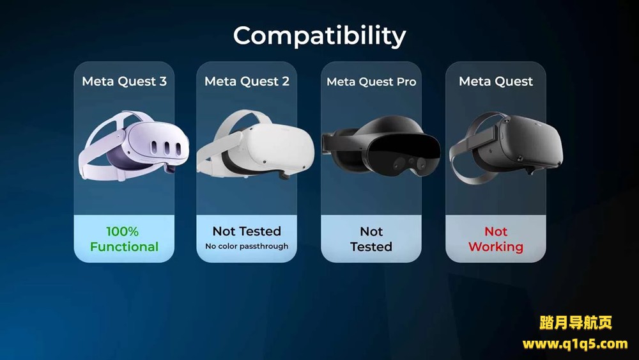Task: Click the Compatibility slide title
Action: point(319,36)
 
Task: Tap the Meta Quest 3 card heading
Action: point(124,81)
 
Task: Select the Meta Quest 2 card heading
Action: point(247,81)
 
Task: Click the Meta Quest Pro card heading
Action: point(371,82)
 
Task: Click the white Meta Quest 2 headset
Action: point(255,148)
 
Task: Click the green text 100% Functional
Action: point(124,239)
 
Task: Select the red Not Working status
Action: point(495,239)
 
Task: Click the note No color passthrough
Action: point(247,246)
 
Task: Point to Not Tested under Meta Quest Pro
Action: point(371,239)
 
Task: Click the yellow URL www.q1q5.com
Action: point(575,344)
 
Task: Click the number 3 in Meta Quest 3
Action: point(162,81)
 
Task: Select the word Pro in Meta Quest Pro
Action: point(406,82)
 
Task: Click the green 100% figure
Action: point(123,231)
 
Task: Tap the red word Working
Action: point(495,247)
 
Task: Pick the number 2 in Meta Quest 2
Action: point(285,81)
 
